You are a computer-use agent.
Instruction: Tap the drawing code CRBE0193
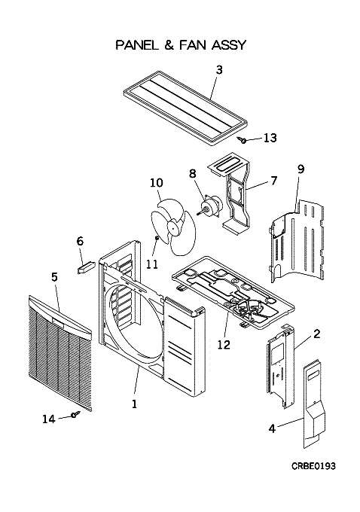[x=313, y=466]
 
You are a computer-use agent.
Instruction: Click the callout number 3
[x=219, y=69]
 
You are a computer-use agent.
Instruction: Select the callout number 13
[x=270, y=138]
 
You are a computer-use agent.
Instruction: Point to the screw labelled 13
[x=243, y=140]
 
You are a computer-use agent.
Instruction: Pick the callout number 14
[x=49, y=419]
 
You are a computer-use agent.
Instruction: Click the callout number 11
[x=151, y=264]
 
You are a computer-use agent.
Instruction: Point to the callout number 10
[x=157, y=182]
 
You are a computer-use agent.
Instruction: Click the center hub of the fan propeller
[x=172, y=226]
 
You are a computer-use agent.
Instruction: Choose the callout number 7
[x=273, y=180]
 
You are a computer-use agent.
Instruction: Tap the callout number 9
[x=301, y=169]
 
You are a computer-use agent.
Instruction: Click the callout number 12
[x=224, y=345]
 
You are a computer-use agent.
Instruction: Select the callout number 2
[x=316, y=334]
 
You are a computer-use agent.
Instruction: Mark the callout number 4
[x=272, y=428]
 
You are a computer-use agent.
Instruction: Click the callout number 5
[x=54, y=277]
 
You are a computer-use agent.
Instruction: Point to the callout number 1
[x=134, y=404]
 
